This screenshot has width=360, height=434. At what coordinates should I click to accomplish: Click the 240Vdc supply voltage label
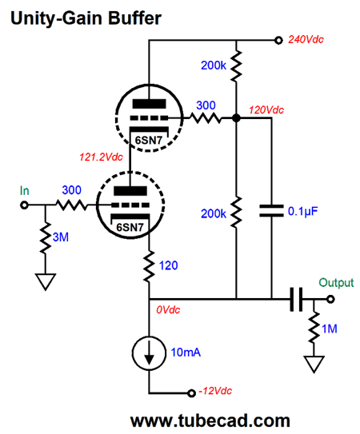coord(306,40)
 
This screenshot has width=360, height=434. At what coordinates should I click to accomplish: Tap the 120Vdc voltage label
coord(266,110)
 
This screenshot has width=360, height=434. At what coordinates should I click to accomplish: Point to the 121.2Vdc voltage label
coord(101,157)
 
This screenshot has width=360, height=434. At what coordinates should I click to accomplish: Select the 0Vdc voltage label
coord(168,310)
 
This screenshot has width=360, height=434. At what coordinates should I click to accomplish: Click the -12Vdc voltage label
coord(215,391)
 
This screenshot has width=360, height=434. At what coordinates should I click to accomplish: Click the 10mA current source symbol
coord(149,353)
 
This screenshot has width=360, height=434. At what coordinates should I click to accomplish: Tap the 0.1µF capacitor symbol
coord(271,211)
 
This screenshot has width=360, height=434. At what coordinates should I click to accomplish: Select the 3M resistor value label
coord(61,237)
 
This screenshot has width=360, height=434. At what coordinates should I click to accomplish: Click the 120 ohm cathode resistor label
coord(168,265)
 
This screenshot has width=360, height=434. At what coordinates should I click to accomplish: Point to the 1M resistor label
coord(330,328)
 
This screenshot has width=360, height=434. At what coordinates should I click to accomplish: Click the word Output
coord(336,283)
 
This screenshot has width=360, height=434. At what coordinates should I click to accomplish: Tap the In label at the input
coord(24,191)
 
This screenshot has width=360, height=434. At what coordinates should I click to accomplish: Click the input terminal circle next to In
coord(24,205)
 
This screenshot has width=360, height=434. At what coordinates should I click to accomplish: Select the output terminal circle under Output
coord(330,299)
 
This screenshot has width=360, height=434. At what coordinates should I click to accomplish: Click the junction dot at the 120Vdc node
coord(236,118)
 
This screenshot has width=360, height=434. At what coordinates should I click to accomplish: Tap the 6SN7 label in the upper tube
coord(149,141)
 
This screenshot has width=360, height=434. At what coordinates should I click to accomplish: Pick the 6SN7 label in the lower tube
coord(130,227)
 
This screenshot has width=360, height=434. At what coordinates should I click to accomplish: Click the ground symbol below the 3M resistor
coord(45,281)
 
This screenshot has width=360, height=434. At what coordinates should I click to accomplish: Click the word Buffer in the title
coord(134,18)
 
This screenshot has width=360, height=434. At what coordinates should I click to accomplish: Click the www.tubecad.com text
coord(210,420)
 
